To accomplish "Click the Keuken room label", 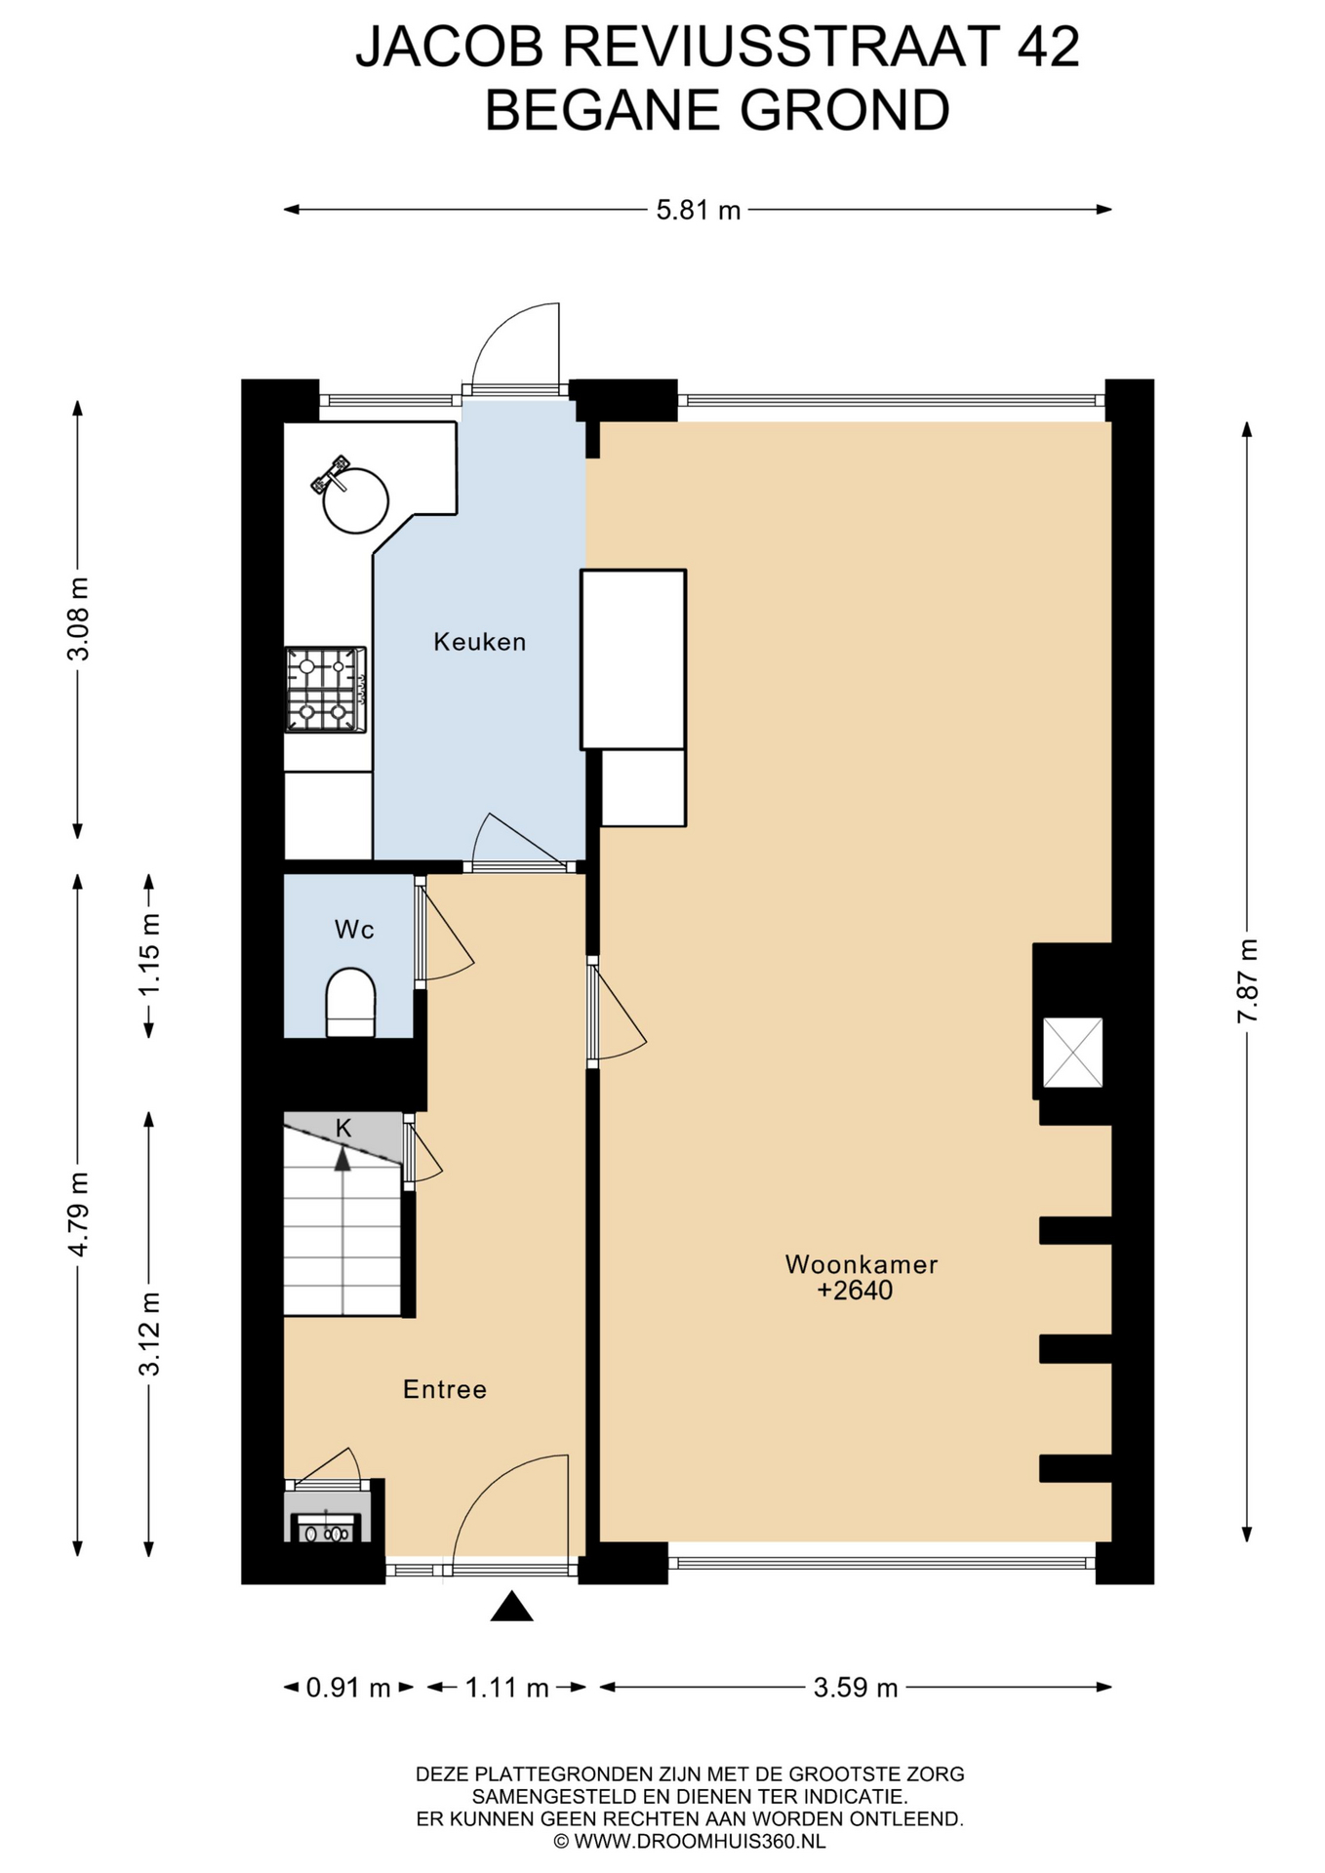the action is [479, 642].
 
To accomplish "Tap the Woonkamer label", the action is [861, 1264].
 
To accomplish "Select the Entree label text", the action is [444, 1389].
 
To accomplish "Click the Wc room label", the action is [354, 930].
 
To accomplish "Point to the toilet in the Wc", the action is [350, 1002].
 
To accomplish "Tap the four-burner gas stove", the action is [326, 690].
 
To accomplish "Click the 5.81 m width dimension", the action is [698, 210].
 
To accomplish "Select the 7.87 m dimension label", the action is [1247, 980].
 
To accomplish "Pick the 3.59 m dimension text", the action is [856, 1715].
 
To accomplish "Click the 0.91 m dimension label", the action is [348, 1715].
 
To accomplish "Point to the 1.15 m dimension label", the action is [148, 955].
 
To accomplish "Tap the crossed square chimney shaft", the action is [1072, 1053].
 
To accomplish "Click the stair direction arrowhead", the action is [342, 1159].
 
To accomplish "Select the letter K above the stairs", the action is [343, 1128].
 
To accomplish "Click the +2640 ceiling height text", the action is [855, 1291].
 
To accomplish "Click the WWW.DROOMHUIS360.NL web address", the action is [700, 1842].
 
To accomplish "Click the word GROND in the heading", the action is [844, 109].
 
